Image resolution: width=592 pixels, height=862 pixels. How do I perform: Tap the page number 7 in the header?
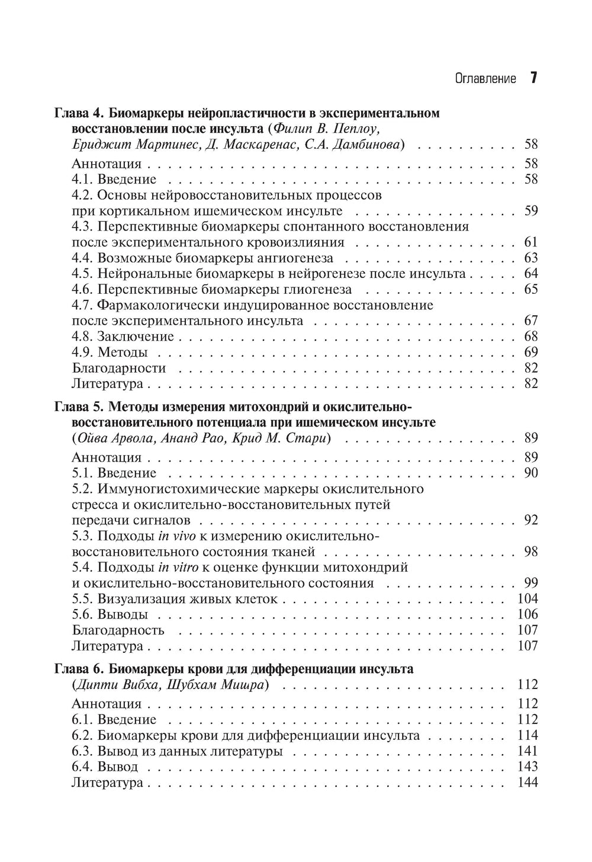pos(533,78)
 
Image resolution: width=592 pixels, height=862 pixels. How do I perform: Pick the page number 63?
pos(530,258)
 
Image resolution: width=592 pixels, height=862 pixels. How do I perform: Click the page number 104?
pos(527,599)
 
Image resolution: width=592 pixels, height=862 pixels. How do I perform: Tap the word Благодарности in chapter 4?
pos(118,368)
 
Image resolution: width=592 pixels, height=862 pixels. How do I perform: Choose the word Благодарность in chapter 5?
pos(118,630)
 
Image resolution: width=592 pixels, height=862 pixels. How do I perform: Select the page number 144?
pos(527,783)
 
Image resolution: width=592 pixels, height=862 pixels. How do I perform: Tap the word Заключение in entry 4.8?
pos(136,337)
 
